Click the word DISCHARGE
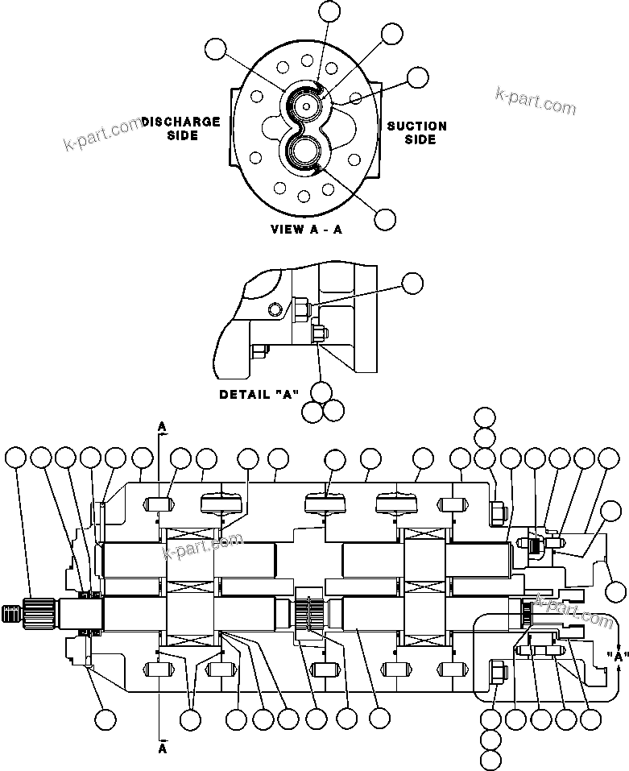(181, 122)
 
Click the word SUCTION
(416, 126)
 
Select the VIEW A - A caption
(305, 229)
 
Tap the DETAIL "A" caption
(259, 395)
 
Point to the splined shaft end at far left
(12, 612)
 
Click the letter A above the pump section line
(162, 425)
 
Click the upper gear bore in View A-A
(308, 105)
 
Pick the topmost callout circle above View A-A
(329, 11)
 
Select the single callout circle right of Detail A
(412, 282)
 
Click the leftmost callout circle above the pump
(15, 458)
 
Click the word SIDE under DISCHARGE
(182, 135)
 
